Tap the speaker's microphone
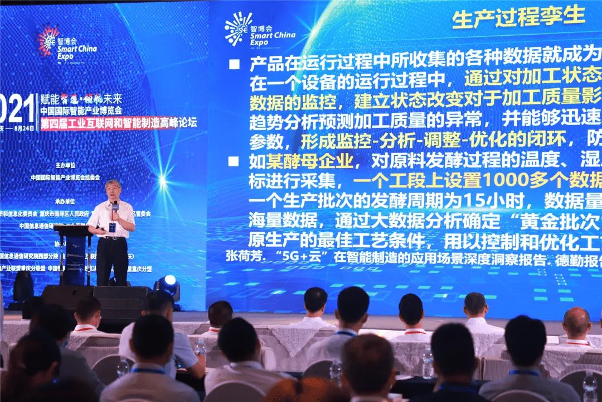(x=115, y=207)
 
